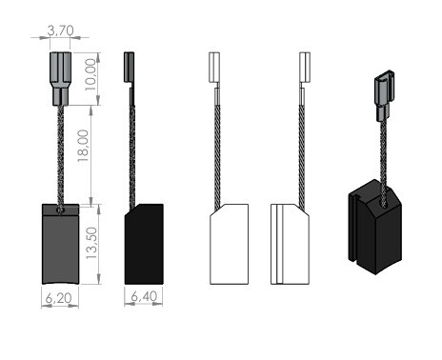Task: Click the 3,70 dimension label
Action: [60, 30]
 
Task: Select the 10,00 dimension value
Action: [90, 74]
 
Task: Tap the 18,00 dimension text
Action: [83, 146]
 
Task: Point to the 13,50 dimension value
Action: [91, 243]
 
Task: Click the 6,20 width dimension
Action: [59, 298]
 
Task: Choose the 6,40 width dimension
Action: [144, 296]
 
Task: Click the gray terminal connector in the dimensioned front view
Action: [60, 79]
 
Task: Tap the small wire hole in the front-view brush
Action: [60, 210]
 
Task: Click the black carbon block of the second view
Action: [144, 244]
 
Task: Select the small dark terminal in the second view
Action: [130, 68]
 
